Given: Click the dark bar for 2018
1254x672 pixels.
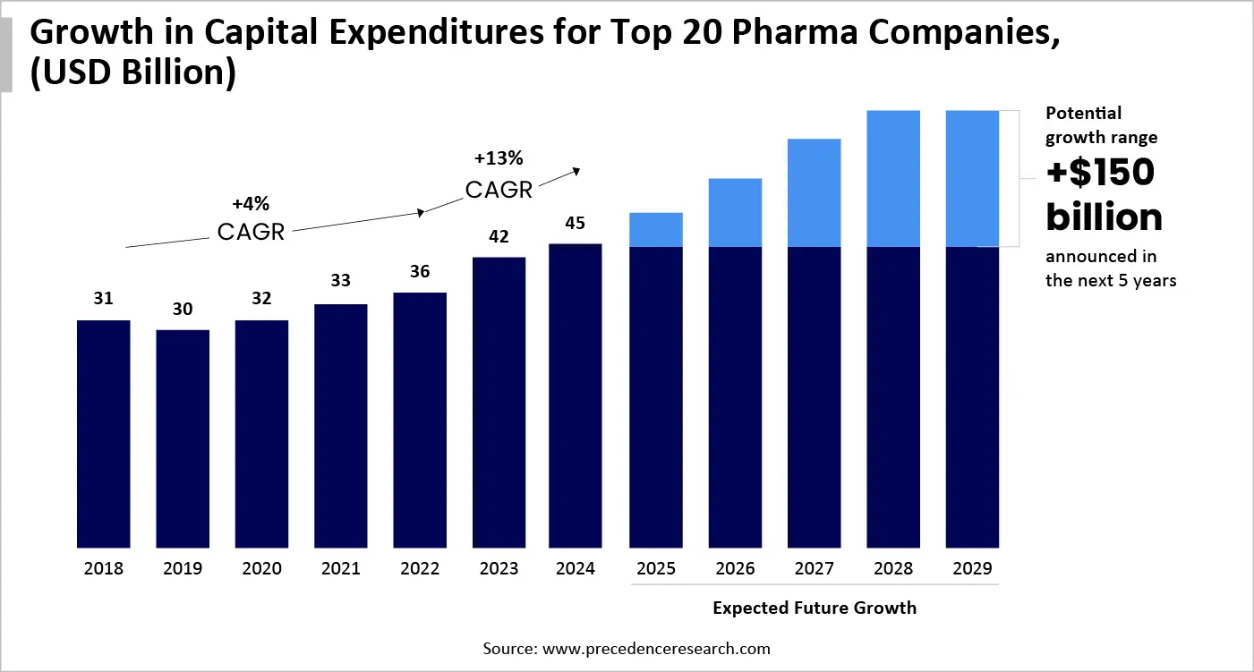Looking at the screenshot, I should tap(104, 433).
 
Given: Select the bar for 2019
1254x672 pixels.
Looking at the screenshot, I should tap(183, 438).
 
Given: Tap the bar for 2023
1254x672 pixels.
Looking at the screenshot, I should tap(499, 402).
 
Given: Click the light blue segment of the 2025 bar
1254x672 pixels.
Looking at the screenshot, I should tap(656, 229).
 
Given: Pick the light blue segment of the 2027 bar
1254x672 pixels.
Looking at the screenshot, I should tap(814, 192).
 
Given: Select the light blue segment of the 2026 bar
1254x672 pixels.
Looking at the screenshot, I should tap(735, 212).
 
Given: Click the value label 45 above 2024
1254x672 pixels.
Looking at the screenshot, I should tap(575, 223).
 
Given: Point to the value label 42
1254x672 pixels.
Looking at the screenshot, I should tap(499, 237).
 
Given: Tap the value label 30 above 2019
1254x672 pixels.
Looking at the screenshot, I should tap(183, 310).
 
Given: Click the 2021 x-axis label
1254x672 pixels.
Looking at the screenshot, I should tap(340, 569).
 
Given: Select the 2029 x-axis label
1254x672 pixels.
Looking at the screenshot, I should tap(972, 569).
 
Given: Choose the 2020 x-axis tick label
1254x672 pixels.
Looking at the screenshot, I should tap(261, 569).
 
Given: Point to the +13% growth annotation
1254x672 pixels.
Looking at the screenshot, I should tap(499, 158).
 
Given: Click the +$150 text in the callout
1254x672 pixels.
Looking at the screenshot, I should tap(1100, 174).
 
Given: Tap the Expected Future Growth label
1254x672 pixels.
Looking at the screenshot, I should tap(815, 608).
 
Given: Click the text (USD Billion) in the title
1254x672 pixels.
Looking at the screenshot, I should tap(132, 72).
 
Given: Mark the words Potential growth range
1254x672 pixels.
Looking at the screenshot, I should tap(1101, 125).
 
